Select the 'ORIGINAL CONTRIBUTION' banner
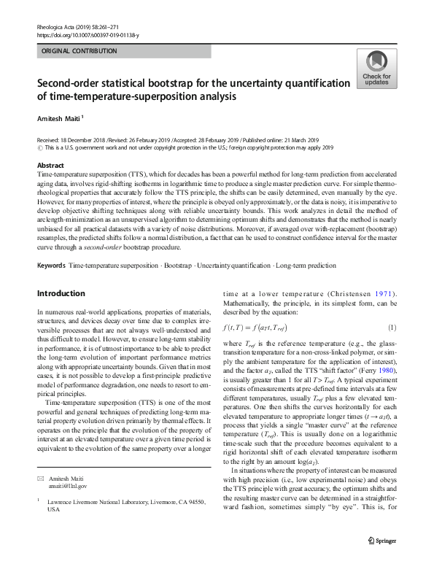coord(79,51)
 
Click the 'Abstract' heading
coord(50,166)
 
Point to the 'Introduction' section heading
coord(61,293)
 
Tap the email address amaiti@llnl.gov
coord(67,506)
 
